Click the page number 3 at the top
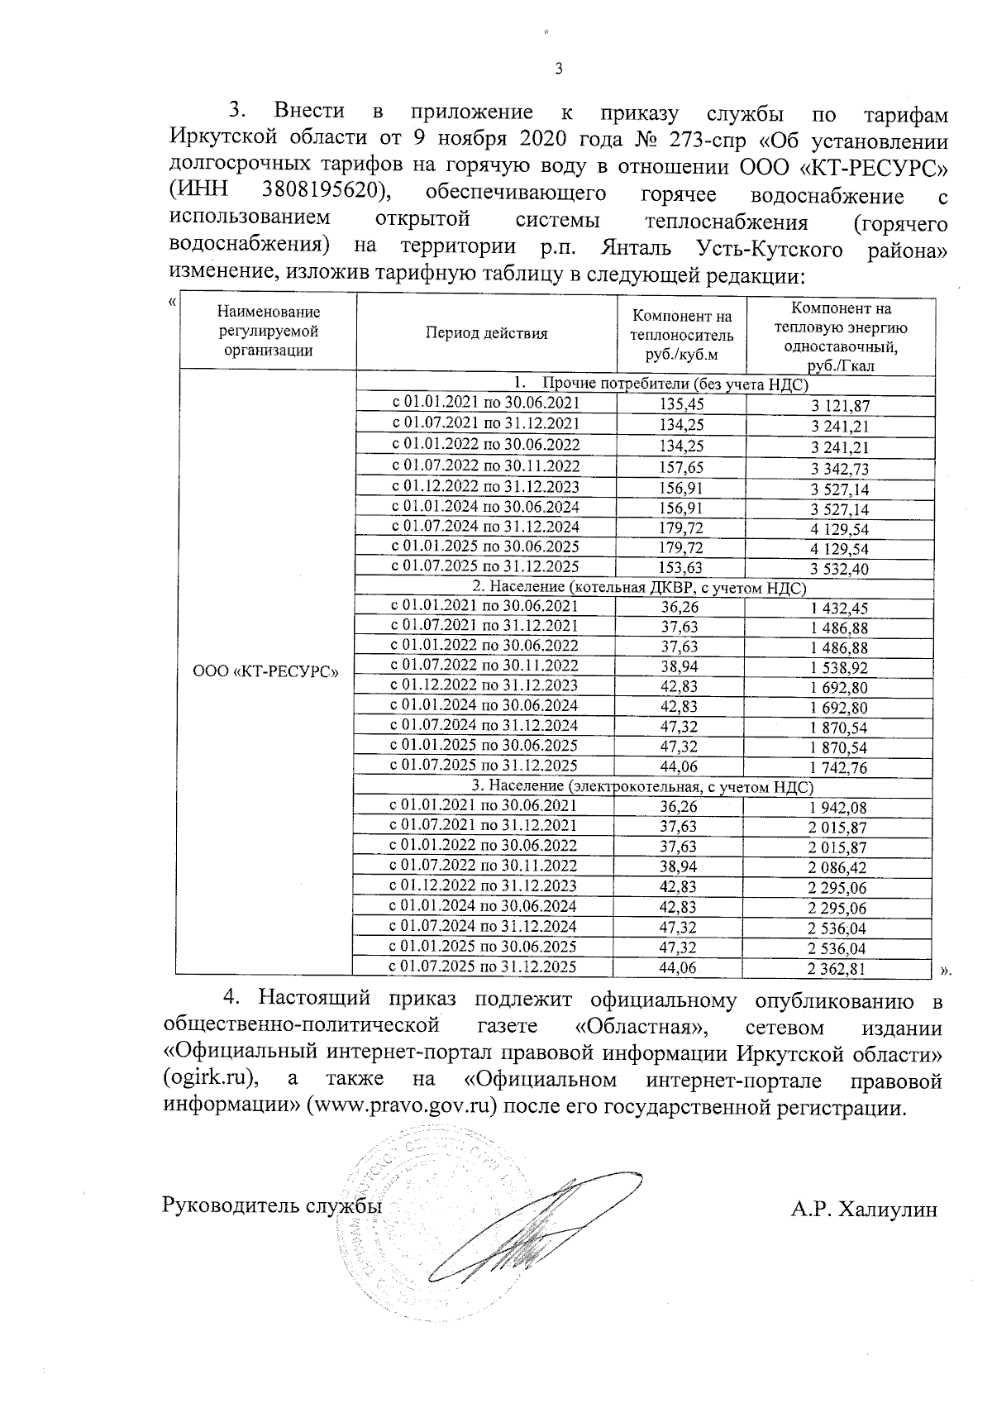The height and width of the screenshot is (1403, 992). pyautogui.click(x=558, y=69)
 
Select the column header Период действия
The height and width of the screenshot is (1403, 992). pyautogui.click(x=486, y=333)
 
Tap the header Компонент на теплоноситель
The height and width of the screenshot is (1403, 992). pyautogui.click(x=681, y=335)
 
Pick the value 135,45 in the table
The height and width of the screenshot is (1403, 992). pyautogui.click(x=682, y=404)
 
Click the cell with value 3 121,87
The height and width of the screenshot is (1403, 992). pyautogui.click(x=839, y=406)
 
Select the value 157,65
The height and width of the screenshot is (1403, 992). pyautogui.click(x=682, y=467)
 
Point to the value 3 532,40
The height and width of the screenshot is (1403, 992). pyautogui.click(x=839, y=569)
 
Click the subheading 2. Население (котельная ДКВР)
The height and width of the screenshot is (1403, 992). pyautogui.click(x=638, y=588)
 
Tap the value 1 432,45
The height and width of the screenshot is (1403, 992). pyautogui.click(x=839, y=608)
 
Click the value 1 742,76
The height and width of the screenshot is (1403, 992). pyautogui.click(x=839, y=768)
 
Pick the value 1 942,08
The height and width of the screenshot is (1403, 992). pyautogui.click(x=839, y=808)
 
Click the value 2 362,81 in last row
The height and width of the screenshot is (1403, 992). pyautogui.click(x=839, y=968)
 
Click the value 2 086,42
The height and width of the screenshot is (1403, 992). pyautogui.click(x=839, y=868)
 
